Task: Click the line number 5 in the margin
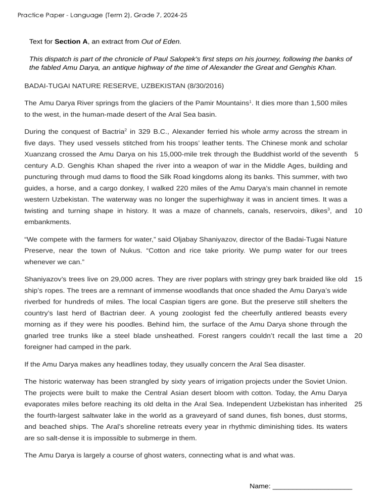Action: pyautogui.click(x=357, y=154)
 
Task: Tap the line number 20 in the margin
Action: pyautogui.click(x=358, y=336)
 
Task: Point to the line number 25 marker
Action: pyautogui.click(x=358, y=404)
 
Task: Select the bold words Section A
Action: pyautogui.click(x=71, y=41)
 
